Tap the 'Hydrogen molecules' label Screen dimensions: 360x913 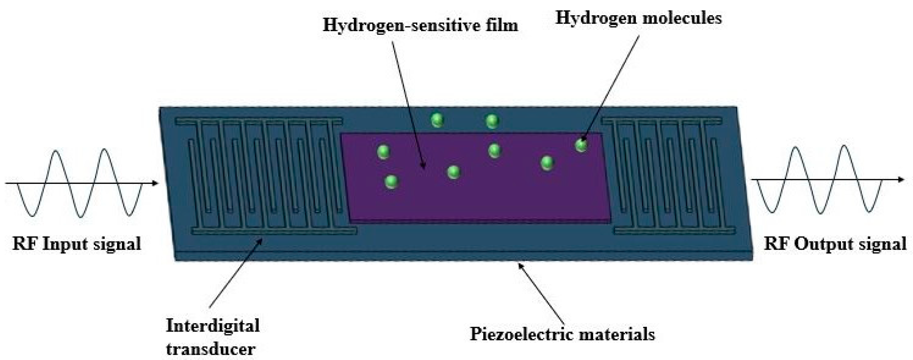click(x=638, y=18)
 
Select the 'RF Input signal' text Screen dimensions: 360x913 click(x=77, y=244)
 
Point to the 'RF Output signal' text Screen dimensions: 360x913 click(x=835, y=244)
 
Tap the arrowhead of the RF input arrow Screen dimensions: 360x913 click(x=155, y=183)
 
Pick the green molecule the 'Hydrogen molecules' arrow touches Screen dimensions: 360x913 click(x=581, y=145)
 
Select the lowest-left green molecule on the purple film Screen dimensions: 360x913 click(x=391, y=182)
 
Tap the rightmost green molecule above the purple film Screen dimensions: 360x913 click(x=492, y=121)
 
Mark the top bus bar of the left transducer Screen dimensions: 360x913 click(x=259, y=121)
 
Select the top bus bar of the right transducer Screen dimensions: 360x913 click(x=661, y=121)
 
